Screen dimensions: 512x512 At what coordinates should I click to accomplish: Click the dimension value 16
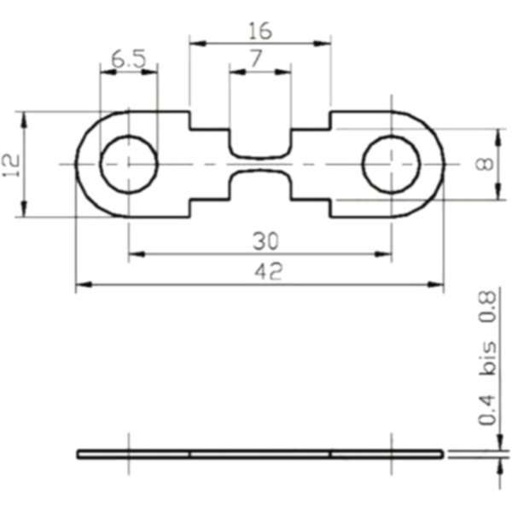coord(259,32)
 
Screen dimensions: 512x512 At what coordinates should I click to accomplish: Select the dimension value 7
coord(259,61)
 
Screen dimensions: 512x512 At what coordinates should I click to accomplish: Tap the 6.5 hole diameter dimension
coord(128,61)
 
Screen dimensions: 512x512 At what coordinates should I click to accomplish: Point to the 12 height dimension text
coord(11,163)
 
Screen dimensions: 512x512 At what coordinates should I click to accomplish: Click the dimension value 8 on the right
coord(486,164)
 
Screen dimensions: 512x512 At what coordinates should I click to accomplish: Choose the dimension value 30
coord(259,241)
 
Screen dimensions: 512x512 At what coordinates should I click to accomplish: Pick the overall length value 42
coord(259,272)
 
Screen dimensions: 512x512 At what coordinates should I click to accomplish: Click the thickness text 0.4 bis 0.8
coord(488,358)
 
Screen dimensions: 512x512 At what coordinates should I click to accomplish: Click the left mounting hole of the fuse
coord(129,164)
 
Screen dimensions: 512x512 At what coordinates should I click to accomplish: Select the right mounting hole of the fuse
coord(391,164)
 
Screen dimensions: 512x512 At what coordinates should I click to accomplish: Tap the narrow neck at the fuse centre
coord(260,164)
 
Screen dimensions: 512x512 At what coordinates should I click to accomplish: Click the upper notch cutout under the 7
coord(260,141)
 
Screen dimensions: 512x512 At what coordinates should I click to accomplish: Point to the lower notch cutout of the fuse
coord(260,186)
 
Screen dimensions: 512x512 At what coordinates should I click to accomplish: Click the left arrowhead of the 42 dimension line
coord(81,284)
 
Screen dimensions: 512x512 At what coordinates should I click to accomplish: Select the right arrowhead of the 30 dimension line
coord(386,253)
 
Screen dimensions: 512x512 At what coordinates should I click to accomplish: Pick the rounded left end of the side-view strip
coord(79,454)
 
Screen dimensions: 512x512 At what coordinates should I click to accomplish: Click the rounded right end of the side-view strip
coord(441,454)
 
